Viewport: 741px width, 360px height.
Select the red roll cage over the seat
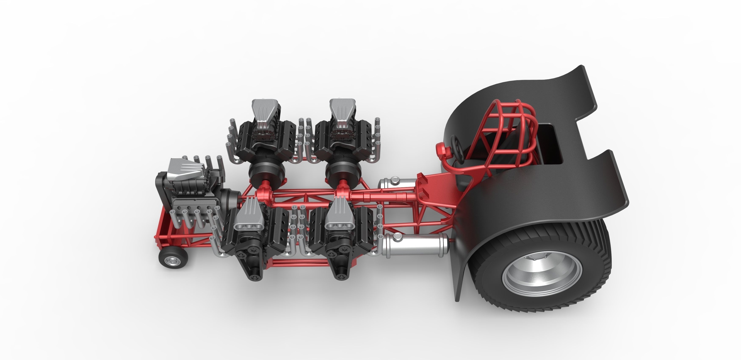tap(515, 121)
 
